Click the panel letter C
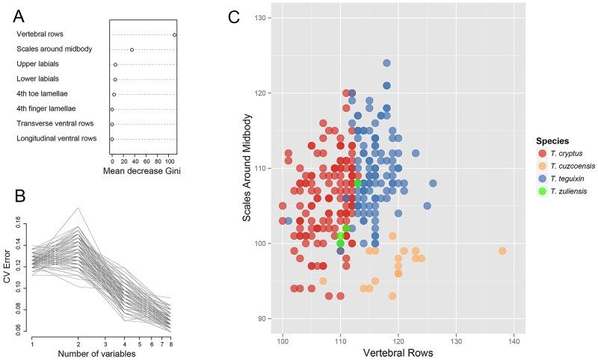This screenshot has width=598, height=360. coord(233,16)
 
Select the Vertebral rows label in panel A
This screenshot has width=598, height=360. coord(42,34)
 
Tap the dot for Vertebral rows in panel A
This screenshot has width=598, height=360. coord(174,34)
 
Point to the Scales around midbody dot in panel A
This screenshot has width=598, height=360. coord(132,49)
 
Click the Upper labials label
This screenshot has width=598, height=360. coord(37,64)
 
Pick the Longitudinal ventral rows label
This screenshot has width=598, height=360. coord(57,139)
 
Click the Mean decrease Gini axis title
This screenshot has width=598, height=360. coord(143,169)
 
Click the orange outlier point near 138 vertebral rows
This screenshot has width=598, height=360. coord(502,251)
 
